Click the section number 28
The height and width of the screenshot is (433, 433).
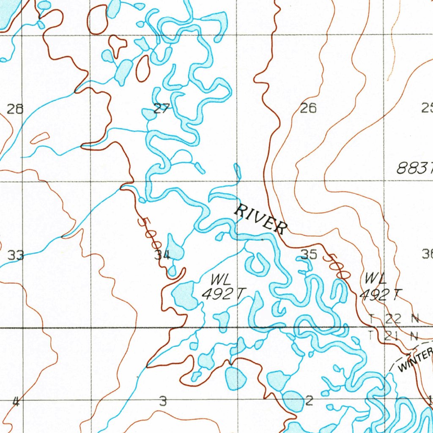pos(15,110)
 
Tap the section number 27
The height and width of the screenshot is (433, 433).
pos(161,109)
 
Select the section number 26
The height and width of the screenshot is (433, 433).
pos(308,109)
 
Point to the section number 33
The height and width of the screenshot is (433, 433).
pos(16,255)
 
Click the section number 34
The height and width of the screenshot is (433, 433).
pos(162,255)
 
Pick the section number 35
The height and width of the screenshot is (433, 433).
pos(309,254)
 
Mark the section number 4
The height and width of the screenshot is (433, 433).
pos(16,401)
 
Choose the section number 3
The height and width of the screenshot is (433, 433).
pos(163,401)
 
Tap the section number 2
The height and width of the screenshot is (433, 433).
pos(309,400)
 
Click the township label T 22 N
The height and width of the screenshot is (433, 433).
pos(393,319)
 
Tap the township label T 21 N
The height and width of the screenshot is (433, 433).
pos(393,336)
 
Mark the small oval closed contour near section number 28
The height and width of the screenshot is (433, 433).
pos(40,138)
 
